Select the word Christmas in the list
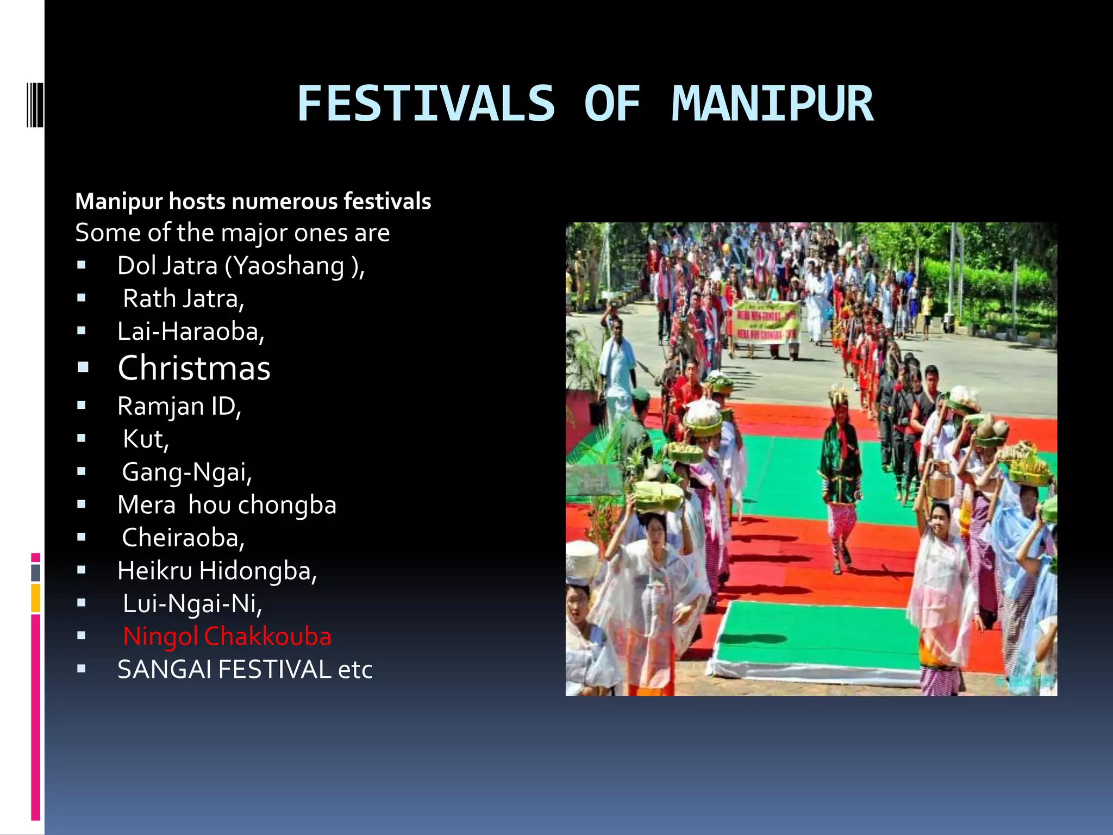(x=194, y=368)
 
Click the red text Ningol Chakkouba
(x=227, y=636)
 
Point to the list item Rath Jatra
(x=183, y=298)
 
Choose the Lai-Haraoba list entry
(x=191, y=331)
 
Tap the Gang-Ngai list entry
(x=187, y=472)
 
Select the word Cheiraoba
(x=183, y=538)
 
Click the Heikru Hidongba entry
(x=217, y=571)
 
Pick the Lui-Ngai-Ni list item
(x=192, y=603)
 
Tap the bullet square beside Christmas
(x=83, y=368)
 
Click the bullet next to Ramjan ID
(x=82, y=406)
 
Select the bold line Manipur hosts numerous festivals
(x=253, y=201)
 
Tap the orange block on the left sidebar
(x=35, y=598)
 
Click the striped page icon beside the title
(x=35, y=104)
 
